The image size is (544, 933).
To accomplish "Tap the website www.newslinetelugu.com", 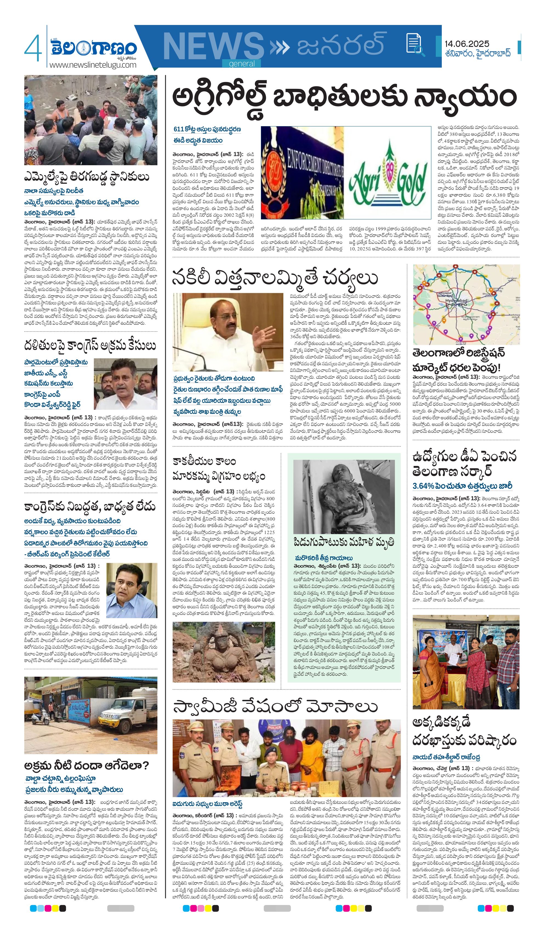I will coord(93,65).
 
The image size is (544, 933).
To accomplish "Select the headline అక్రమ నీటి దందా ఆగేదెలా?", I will coord(87,765).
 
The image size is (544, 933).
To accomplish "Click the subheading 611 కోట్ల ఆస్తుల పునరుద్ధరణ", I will coord(207,129).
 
